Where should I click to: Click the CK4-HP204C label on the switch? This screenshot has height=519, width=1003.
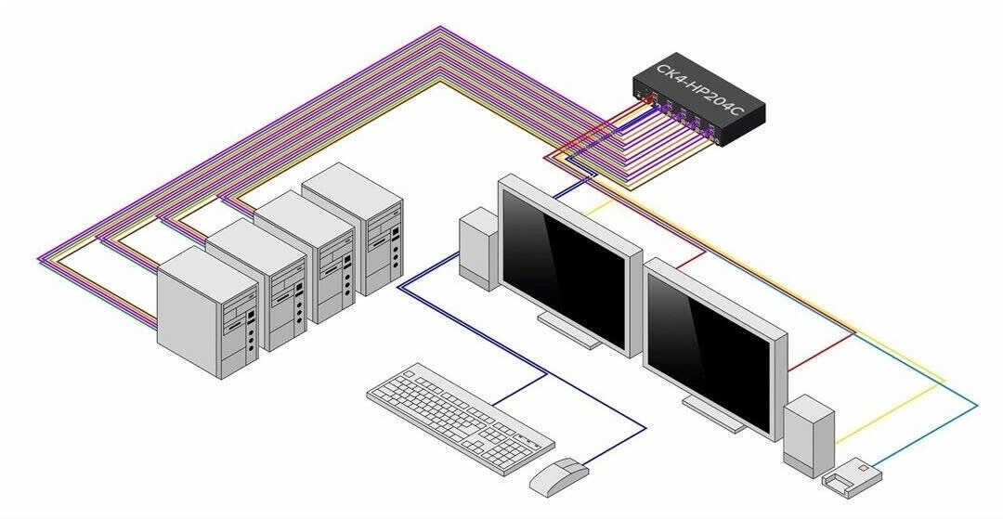(699, 91)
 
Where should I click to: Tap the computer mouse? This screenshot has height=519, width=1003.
(558, 477)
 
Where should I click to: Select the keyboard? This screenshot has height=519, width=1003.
(461, 417)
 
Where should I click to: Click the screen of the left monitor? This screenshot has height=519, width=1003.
(562, 267)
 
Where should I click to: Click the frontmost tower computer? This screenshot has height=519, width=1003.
(208, 312)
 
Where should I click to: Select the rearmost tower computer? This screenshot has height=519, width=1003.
(352, 227)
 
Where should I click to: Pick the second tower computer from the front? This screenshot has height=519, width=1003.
(256, 284)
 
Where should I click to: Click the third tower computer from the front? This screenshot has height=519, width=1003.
(305, 255)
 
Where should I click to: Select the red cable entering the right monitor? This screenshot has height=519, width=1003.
(821, 352)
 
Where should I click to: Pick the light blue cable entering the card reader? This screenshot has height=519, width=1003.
(928, 435)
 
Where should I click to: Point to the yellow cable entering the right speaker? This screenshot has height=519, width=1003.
(890, 412)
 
